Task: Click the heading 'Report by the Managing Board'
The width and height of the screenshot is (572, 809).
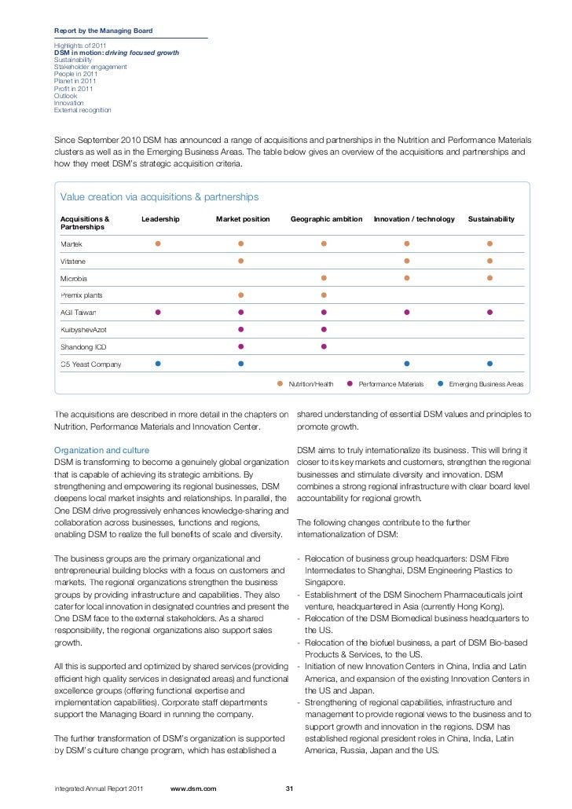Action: [x=103, y=31]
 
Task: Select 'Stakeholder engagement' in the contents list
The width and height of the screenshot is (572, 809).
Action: [x=90, y=67]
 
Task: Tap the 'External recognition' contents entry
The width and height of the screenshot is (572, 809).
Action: [x=82, y=110]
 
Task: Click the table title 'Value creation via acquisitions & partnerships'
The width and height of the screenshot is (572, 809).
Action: [x=159, y=196]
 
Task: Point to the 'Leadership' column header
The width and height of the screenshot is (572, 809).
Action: [x=160, y=218]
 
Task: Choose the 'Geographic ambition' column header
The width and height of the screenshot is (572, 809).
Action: [x=326, y=218]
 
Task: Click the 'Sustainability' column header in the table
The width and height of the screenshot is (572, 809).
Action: [x=491, y=218]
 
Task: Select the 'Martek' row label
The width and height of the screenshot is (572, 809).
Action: [x=71, y=244]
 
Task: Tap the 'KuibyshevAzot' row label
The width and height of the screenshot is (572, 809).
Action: [x=83, y=329]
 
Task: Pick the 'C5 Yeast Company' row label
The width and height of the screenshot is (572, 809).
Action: [x=90, y=364]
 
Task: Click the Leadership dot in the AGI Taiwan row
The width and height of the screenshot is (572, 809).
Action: [x=158, y=312]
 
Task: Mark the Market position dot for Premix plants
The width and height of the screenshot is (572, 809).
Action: [x=240, y=295]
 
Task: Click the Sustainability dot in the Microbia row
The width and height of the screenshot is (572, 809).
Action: [x=489, y=278]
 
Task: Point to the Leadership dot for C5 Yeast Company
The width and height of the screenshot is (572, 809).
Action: [x=158, y=364]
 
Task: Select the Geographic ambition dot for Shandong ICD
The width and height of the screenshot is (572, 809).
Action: [x=324, y=346]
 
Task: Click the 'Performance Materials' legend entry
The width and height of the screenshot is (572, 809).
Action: [x=390, y=384]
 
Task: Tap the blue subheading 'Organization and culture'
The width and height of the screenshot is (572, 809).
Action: [x=101, y=450]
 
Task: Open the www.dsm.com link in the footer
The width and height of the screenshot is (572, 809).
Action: [x=193, y=788]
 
